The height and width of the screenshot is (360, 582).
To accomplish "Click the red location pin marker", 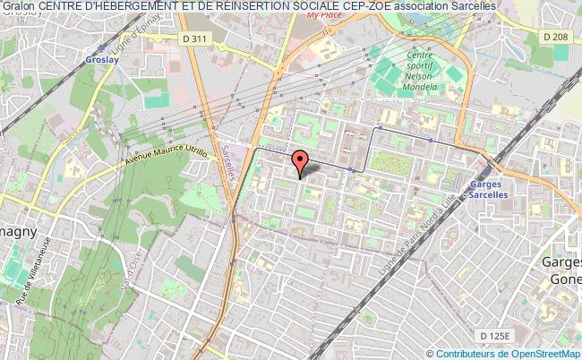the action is click(301, 162).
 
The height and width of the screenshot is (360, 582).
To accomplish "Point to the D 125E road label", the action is click(494, 335).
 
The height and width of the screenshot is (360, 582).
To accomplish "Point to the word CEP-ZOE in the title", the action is click(367, 6).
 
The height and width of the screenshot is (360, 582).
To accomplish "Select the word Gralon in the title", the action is click(18, 6).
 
